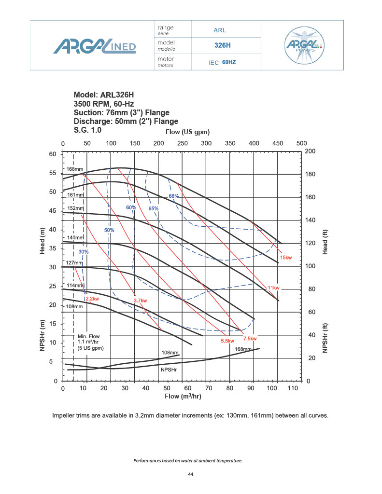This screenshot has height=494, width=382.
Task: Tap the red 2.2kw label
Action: click(x=93, y=299)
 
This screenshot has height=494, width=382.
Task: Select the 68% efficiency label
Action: click(x=174, y=196)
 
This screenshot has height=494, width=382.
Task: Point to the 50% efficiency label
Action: click(x=110, y=230)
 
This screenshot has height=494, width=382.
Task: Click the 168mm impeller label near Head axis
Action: click(x=75, y=169)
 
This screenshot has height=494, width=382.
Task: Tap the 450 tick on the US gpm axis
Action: click(x=278, y=143)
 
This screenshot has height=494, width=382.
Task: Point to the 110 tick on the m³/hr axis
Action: click(x=292, y=388)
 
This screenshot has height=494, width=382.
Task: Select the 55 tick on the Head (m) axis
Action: click(x=53, y=173)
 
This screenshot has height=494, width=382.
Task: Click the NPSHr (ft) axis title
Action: click(x=325, y=333)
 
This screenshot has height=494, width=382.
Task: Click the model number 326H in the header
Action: click(x=223, y=45)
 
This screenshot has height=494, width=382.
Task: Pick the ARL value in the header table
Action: click(x=220, y=30)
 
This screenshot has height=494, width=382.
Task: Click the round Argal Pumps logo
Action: click(x=306, y=45)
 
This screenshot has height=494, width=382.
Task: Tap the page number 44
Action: click(x=191, y=475)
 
